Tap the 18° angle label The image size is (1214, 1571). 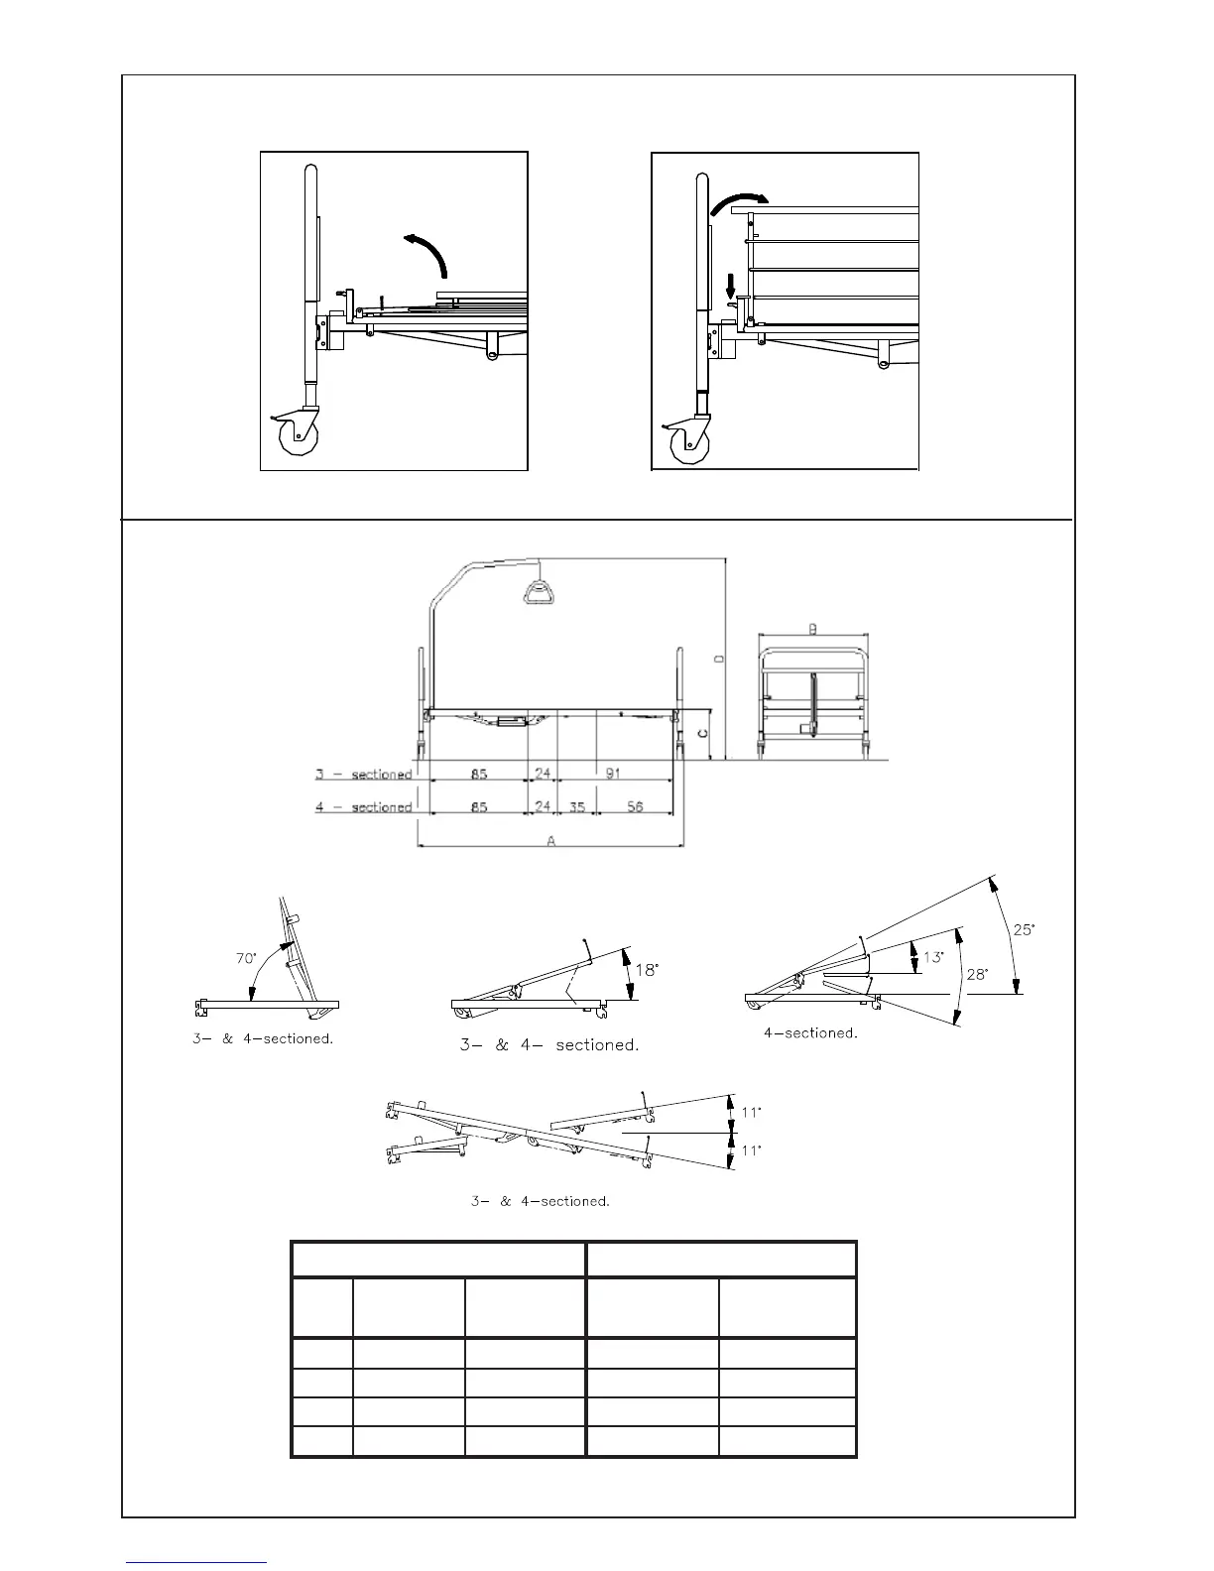pos(647,970)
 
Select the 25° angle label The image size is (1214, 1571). pos(1023,929)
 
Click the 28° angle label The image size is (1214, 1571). pos(977,974)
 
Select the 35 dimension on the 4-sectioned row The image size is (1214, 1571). pos(575,806)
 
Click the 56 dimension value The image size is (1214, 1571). pos(635,806)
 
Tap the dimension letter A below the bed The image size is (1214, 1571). pos(551,839)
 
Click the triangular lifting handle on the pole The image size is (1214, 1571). pos(539,591)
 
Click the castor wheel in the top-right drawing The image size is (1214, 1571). pos(688,442)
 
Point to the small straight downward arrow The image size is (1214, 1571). pos(731,287)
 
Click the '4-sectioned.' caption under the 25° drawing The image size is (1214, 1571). pos(809,1032)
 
